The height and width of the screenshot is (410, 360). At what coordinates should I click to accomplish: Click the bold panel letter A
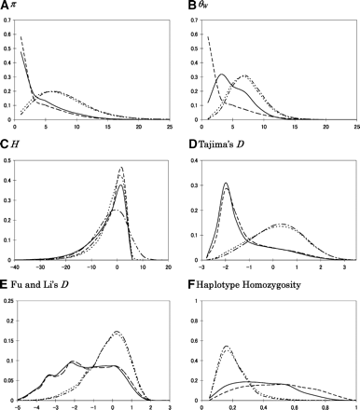6,7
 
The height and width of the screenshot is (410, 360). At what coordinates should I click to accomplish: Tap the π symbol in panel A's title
16,7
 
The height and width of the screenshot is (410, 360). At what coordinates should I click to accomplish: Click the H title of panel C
16,144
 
